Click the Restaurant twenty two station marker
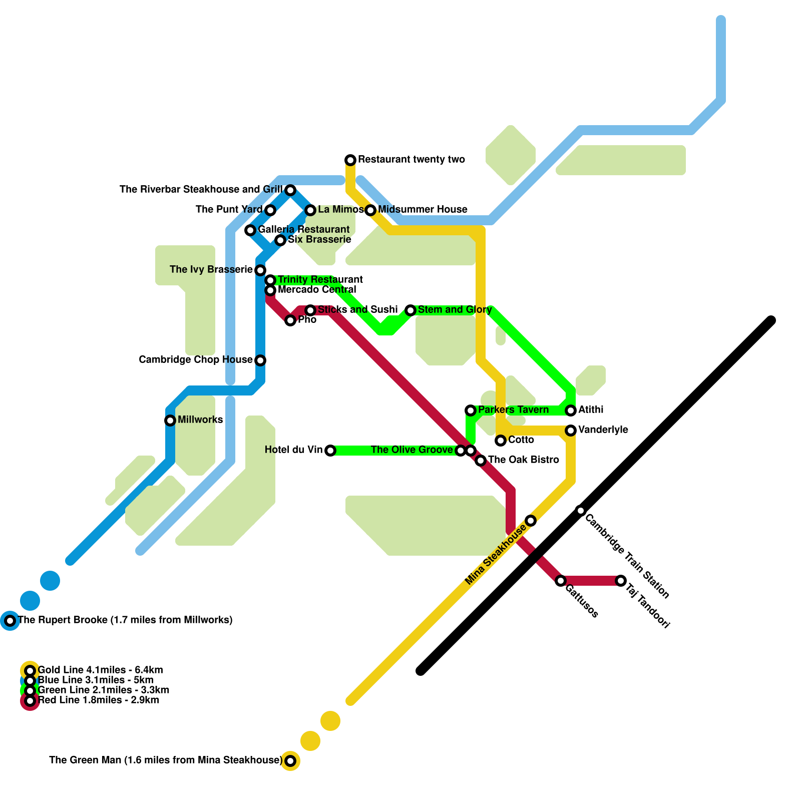click(x=350, y=160)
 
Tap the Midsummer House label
click(x=423, y=209)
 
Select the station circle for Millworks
click(x=170, y=421)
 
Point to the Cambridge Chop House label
click(x=195, y=359)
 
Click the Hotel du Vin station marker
click(x=330, y=451)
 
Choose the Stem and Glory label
click(x=455, y=309)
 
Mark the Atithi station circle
click(x=571, y=411)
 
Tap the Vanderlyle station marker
click(x=571, y=431)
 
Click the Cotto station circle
click(x=501, y=441)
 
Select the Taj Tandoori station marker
click(x=621, y=581)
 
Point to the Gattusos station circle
click(x=561, y=581)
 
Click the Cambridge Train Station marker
click(x=581, y=511)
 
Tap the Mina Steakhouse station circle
click(x=531, y=521)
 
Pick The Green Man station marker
click(x=290, y=761)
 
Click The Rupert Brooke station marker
click(x=10, y=621)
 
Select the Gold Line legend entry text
click(x=100, y=670)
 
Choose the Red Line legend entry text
click(x=99, y=700)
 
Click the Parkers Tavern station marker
click(x=471, y=411)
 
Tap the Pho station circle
click(x=290, y=320)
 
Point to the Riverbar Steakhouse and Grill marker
click(x=290, y=190)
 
